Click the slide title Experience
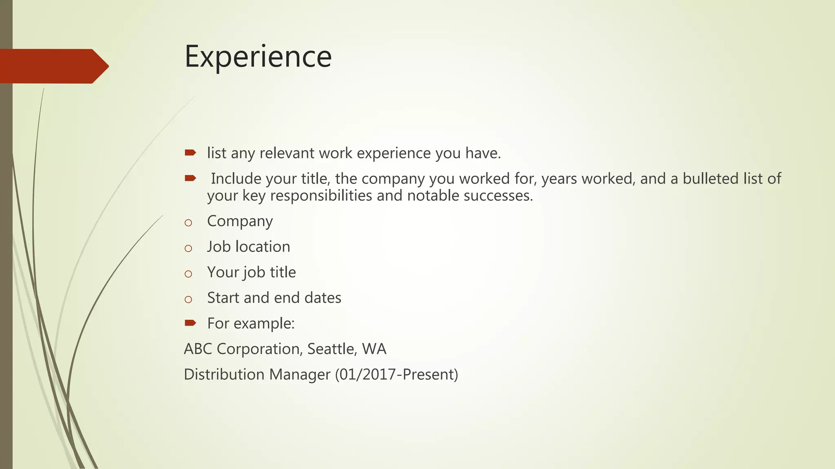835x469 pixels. (258, 57)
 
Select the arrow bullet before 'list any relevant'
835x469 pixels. (190, 153)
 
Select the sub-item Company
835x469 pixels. (240, 221)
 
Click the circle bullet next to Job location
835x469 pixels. (188, 248)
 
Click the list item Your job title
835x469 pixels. (251, 272)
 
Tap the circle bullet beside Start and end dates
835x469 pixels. (188, 300)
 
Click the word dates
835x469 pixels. (323, 298)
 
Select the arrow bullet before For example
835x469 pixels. (190, 323)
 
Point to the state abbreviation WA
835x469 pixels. (374, 349)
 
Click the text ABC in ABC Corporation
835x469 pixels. (198, 349)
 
